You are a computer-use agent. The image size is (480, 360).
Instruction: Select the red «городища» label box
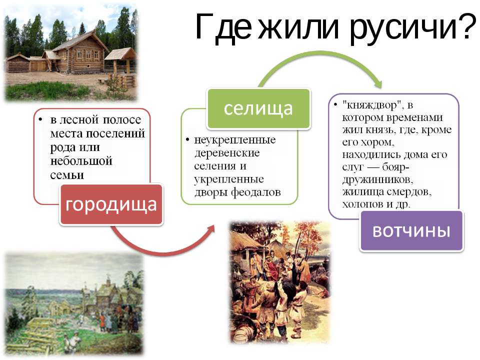pyautogui.click(x=111, y=204)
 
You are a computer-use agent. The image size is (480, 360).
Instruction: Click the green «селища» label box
pyautogui.click(x=258, y=108)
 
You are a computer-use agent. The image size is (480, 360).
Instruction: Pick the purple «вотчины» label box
pyautogui.click(x=411, y=231)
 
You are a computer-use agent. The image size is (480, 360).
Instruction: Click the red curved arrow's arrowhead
pyautogui.click(x=209, y=229)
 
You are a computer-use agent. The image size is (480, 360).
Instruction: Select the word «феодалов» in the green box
pyautogui.click(x=255, y=192)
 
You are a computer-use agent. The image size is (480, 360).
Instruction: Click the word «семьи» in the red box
pyautogui.click(x=67, y=175)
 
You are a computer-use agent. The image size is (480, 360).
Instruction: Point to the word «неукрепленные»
pyautogui.click(x=235, y=140)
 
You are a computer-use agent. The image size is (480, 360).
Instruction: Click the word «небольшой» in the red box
pyautogui.click(x=81, y=161)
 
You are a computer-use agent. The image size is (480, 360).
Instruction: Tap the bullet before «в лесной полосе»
pyautogui.click(x=40, y=119)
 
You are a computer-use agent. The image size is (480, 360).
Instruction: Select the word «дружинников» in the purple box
pyautogui.click(x=377, y=179)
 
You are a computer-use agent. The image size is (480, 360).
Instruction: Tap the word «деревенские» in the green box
pyautogui.click(x=227, y=153)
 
